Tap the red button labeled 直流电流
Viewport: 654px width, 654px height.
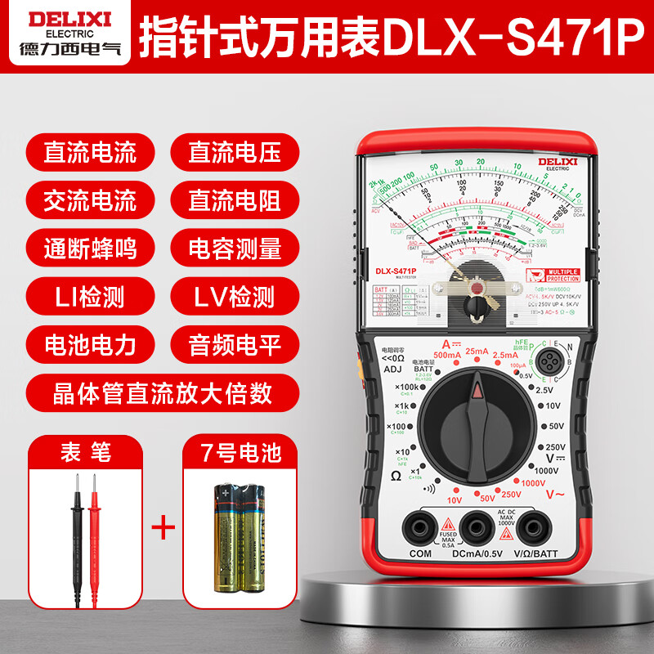pos(91,152)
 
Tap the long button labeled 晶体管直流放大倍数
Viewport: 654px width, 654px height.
pos(162,393)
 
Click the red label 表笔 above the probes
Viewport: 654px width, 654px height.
pos(85,451)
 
